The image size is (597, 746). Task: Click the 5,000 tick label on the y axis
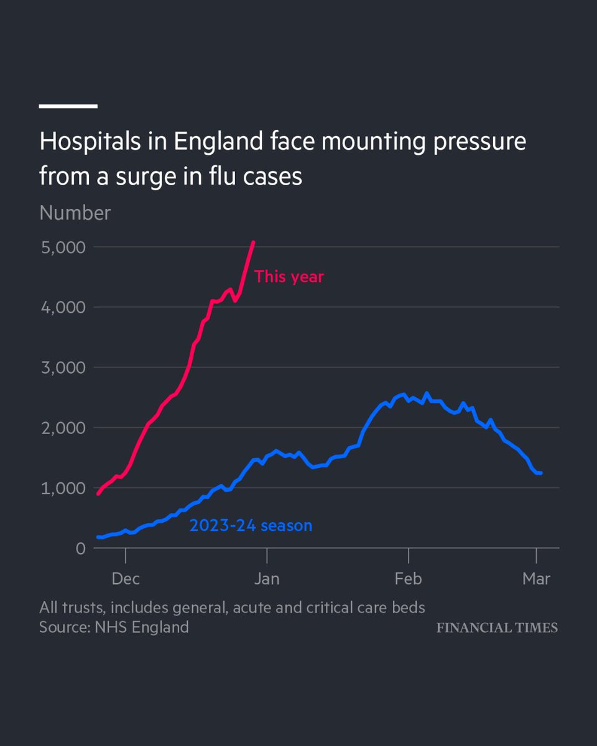[x=62, y=247]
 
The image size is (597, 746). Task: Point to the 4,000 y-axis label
[x=62, y=308]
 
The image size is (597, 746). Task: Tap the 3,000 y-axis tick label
[x=62, y=368]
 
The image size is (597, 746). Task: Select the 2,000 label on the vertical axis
[x=62, y=428]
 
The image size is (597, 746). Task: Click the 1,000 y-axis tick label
[x=62, y=489]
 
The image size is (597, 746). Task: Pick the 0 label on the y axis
[x=81, y=549]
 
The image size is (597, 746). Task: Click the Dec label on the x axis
[x=126, y=579]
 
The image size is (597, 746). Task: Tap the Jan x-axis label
[x=267, y=579]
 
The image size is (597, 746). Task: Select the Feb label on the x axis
[x=408, y=579]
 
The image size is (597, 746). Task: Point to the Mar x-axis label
[x=536, y=579]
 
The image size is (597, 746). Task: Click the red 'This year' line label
[x=289, y=277]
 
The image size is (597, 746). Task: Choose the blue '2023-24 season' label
[x=251, y=526]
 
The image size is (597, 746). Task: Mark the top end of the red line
[x=253, y=242]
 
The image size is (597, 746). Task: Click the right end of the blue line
[x=540, y=473]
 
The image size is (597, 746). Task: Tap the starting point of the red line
[x=98, y=494]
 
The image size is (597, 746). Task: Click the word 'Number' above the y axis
[x=75, y=213]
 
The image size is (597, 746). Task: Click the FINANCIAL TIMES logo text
[x=497, y=628]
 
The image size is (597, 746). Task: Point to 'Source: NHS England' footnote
[x=114, y=627]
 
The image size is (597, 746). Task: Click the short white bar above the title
[x=68, y=106]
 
